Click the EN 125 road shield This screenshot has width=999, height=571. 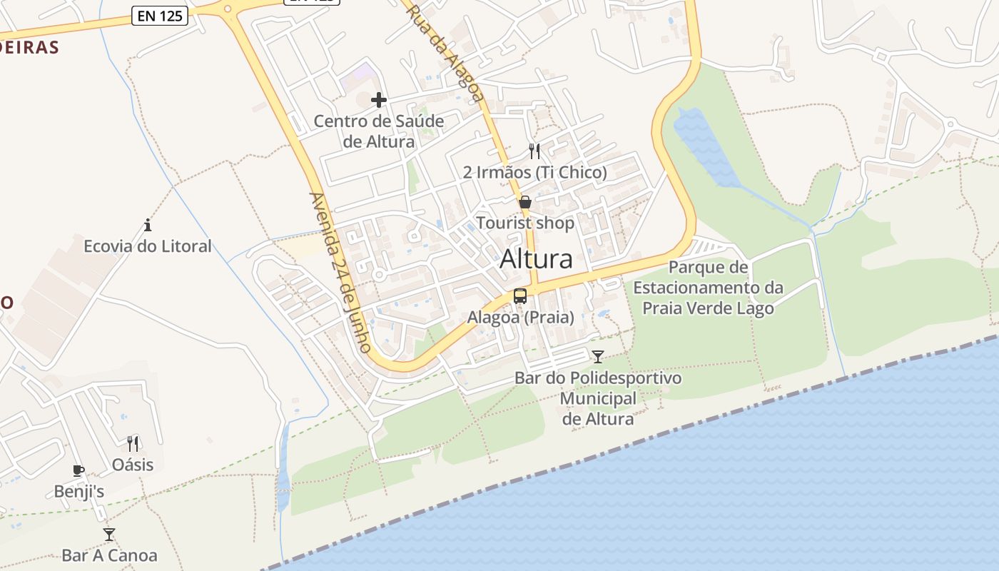(160, 16)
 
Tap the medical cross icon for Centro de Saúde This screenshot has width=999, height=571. (379, 100)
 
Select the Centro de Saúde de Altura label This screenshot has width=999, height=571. (379, 131)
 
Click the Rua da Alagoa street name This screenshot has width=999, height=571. (443, 52)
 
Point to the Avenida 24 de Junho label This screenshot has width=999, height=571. (340, 272)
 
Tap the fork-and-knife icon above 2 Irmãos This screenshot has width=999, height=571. (534, 151)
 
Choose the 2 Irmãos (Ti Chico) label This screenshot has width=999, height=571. (534, 172)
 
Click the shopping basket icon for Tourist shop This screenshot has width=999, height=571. (525, 202)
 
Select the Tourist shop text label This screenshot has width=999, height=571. (525, 223)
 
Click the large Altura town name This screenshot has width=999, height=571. (536, 258)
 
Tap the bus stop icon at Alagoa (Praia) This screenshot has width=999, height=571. (520, 295)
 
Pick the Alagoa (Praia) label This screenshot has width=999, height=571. (520, 318)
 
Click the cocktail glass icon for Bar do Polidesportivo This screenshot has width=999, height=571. (598, 356)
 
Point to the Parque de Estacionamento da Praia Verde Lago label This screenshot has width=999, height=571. (708, 288)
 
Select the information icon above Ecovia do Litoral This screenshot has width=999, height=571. (148, 225)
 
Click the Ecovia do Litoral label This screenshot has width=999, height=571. (148, 246)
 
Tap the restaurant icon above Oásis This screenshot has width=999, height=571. (133, 443)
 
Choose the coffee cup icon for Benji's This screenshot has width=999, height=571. (78, 470)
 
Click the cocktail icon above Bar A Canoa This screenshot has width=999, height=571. (109, 534)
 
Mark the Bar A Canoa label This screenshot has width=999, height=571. (109, 555)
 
